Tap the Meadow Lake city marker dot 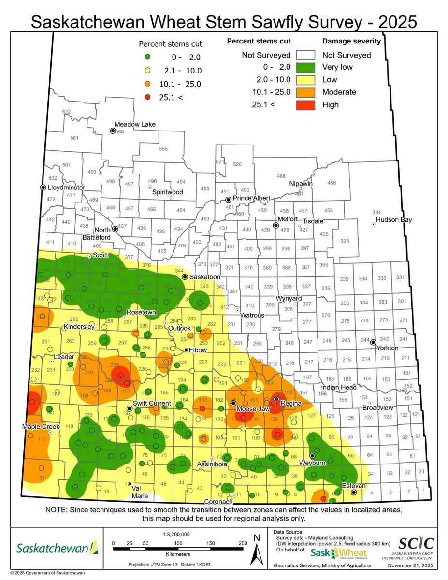point(113,130)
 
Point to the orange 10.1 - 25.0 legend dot point(147,84)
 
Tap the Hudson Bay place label point(393,220)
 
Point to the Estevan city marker point(354,493)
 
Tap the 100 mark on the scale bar point(178,543)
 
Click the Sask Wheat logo point(338,552)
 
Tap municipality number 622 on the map point(66,112)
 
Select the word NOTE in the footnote point(58,510)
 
